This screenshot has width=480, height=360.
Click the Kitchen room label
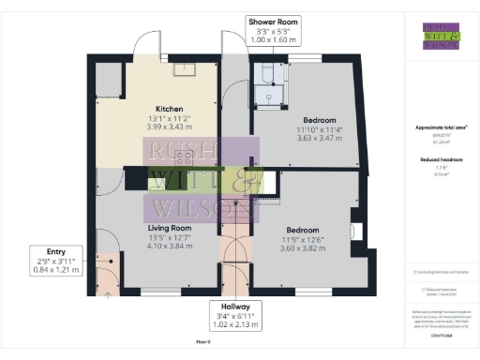[x=169, y=109]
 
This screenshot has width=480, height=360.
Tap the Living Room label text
[x=169, y=228]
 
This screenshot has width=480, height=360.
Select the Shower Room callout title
[x=273, y=21]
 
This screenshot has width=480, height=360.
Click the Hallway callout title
[x=235, y=307]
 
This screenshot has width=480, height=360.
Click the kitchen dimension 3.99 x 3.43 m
[x=169, y=127]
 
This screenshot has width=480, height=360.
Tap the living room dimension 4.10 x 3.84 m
[x=169, y=246]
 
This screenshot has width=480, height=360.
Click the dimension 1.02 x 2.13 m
[x=235, y=324]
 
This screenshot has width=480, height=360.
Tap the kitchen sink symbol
[x=186, y=68]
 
